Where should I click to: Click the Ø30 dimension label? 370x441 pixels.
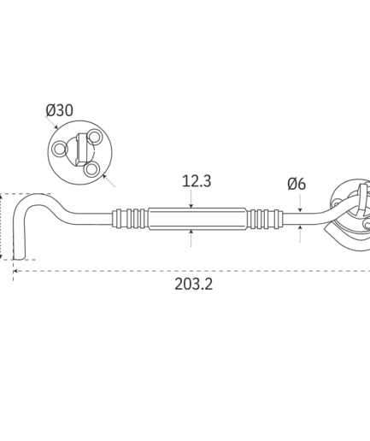click(59, 110)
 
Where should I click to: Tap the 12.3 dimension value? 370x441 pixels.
click(197, 181)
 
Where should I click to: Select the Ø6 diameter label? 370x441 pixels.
click(297, 184)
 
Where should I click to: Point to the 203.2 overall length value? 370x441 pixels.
click(194, 284)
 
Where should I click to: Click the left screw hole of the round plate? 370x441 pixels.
click(60, 149)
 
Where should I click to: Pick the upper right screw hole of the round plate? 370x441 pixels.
click(94, 137)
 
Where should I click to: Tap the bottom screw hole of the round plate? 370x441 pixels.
click(91, 169)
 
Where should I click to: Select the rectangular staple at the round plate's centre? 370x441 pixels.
click(82, 150)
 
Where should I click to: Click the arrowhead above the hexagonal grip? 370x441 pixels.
click(191, 206)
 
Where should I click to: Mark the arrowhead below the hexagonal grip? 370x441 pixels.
click(191, 232)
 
